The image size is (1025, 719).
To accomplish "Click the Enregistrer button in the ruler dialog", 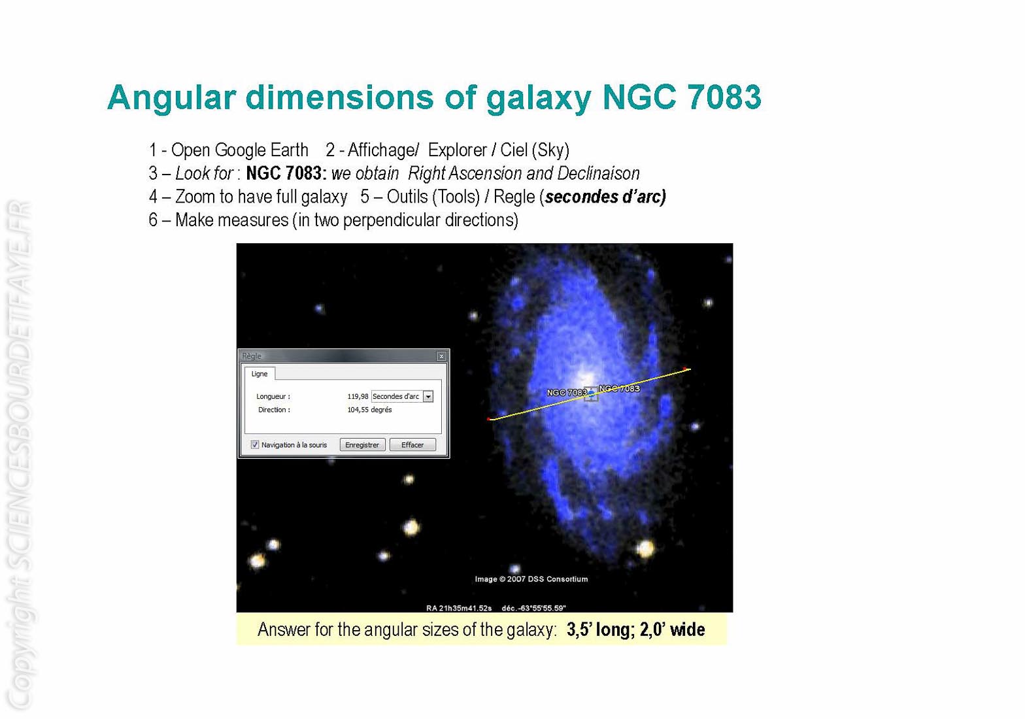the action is click(362, 445).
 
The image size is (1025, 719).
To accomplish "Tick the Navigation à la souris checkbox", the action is click(255, 445).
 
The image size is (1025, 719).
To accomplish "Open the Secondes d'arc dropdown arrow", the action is click(428, 396).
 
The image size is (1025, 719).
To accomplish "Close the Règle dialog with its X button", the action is click(441, 356).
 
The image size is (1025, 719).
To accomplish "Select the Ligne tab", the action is click(260, 374).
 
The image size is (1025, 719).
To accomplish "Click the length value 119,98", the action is click(358, 396).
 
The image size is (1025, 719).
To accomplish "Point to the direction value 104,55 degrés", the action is click(369, 410).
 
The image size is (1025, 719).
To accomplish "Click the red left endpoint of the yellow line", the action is click(489, 419).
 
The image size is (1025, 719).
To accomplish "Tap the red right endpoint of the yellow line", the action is click(685, 369).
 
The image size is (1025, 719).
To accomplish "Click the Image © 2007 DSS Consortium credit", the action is click(531, 579).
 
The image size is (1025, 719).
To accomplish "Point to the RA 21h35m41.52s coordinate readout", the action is click(458, 609).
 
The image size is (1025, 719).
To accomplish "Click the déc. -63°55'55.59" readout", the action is click(533, 609).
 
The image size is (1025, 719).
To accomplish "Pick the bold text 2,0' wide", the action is click(672, 629).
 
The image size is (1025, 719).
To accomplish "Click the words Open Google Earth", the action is click(239, 150).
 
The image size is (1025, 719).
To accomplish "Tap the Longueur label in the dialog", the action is click(273, 396).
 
